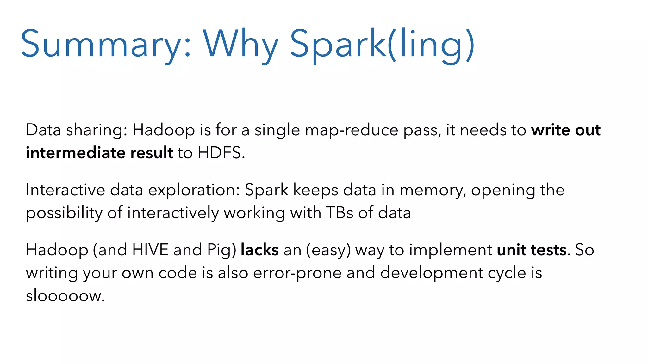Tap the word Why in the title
pyautogui.click(x=240, y=44)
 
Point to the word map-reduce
pyautogui.click(x=352, y=130)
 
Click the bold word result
pyautogui.click(x=152, y=153)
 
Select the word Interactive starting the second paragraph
pyautogui.click(x=65, y=190)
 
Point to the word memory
pyautogui.click(x=432, y=190)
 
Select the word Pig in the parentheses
pyautogui.click(x=220, y=250)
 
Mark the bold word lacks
pyautogui.click(x=259, y=250)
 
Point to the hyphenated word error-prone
pyautogui.click(x=297, y=273)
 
